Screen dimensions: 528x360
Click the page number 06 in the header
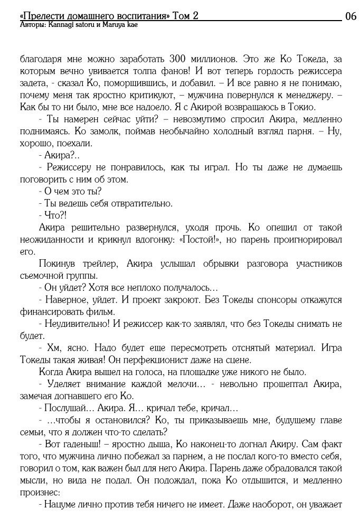pyautogui.click(x=350, y=16)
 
